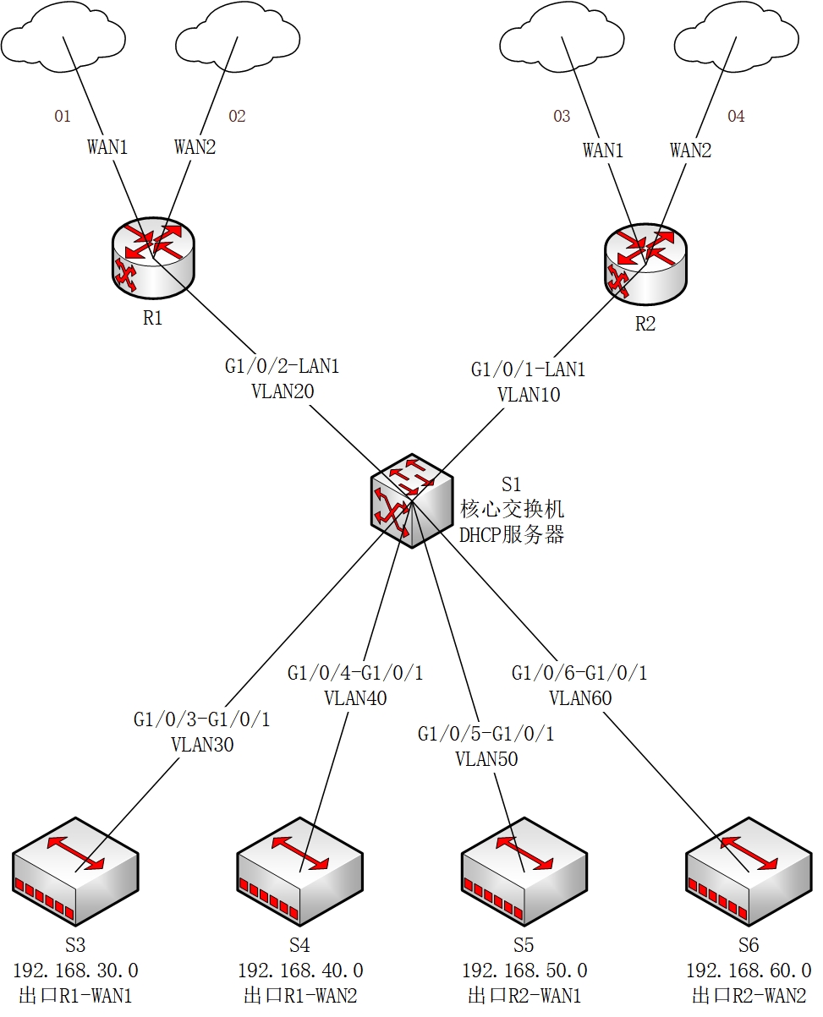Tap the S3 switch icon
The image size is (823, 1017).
pos(75,869)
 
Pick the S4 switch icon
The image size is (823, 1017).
pos(299,869)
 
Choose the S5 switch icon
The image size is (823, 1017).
pos(524,869)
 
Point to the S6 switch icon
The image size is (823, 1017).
pos(748,869)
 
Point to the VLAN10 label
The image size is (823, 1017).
pos(529,394)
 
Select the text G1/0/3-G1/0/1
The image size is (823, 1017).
pos(201,720)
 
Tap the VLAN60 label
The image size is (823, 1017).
pos(579,698)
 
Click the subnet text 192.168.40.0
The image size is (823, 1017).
pos(300,971)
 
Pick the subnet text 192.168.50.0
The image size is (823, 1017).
pos(524,971)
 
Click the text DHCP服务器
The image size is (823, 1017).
pos(511,534)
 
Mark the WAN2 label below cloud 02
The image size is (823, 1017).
pos(195,147)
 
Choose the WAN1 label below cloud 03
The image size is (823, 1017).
pos(603,150)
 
